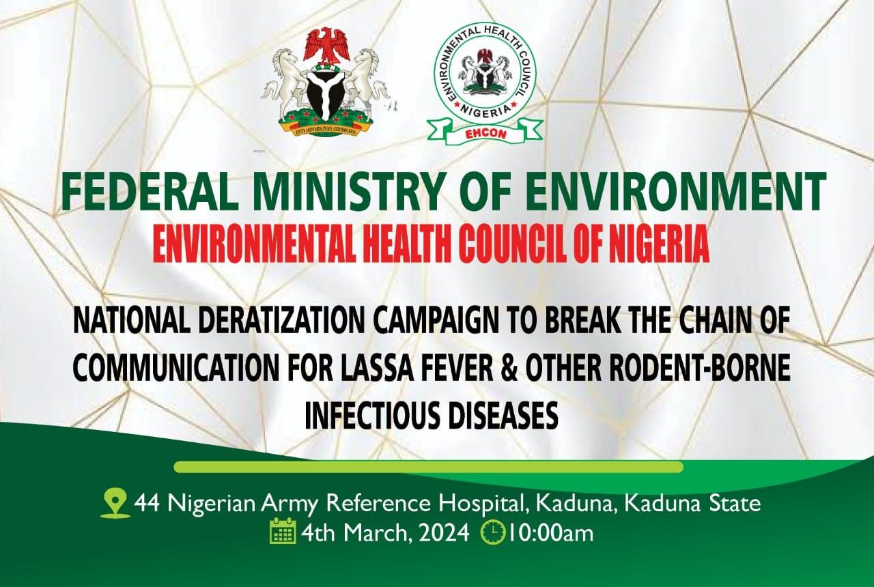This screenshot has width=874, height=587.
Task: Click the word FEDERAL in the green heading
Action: (x=149, y=192)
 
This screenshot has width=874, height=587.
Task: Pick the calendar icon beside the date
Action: (x=283, y=532)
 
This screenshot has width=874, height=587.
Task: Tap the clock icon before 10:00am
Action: (x=493, y=533)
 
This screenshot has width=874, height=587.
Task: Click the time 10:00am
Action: (x=550, y=533)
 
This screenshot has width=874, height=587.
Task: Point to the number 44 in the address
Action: (x=147, y=504)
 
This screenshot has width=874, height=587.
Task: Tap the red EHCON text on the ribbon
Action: (x=485, y=134)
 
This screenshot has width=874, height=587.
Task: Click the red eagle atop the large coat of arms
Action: (x=327, y=46)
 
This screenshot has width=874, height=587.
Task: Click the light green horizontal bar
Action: (x=428, y=467)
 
